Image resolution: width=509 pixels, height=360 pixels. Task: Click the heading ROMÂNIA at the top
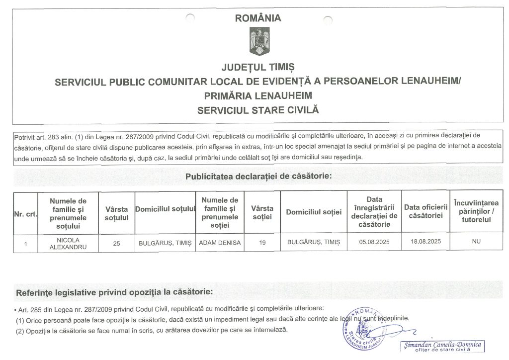point(257,18)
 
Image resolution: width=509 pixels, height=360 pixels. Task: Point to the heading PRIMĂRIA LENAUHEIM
point(257,95)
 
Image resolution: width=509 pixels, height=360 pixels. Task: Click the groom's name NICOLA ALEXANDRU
point(68,243)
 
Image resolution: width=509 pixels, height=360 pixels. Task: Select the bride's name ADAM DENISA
point(219,243)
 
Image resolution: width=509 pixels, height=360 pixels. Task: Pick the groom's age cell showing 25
point(116,244)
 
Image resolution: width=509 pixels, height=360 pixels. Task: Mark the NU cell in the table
point(476,241)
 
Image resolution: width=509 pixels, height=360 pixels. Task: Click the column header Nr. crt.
point(25,214)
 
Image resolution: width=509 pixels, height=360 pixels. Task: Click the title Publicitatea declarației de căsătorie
point(258,176)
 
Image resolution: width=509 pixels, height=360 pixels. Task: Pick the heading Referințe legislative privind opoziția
point(115,291)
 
